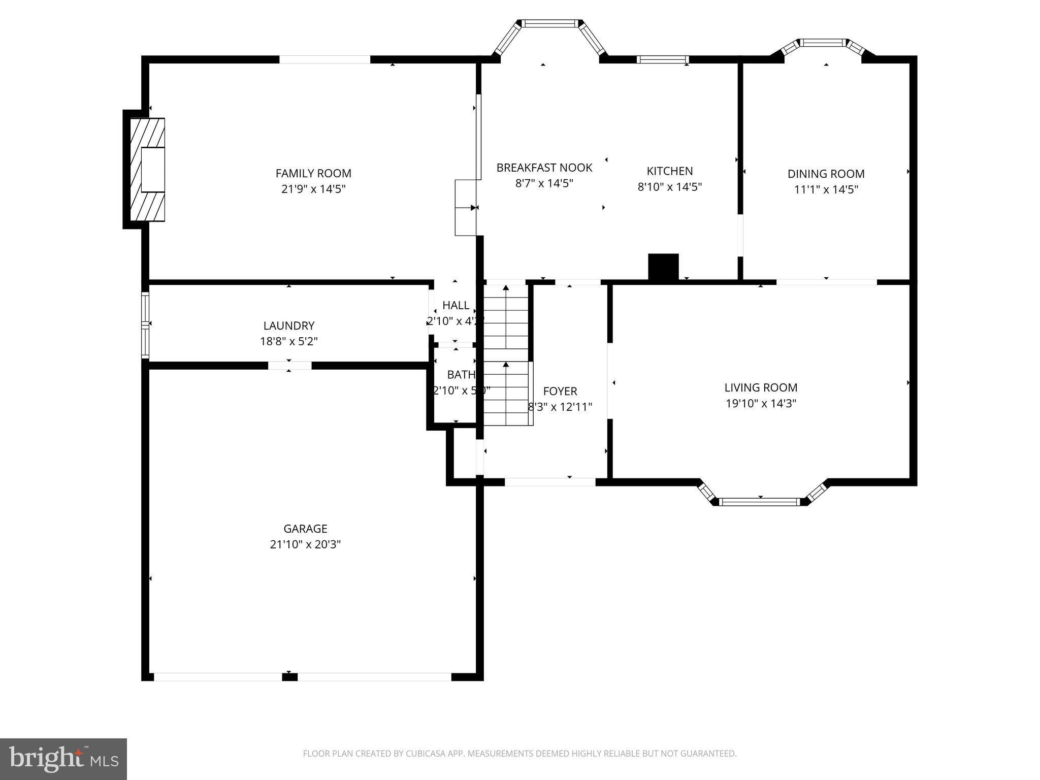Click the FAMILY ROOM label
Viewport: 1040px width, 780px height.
[x=313, y=174]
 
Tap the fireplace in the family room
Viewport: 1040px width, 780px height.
[x=148, y=170]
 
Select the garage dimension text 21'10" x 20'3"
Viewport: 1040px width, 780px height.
[x=305, y=544]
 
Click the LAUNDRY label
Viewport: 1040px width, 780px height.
[x=289, y=326]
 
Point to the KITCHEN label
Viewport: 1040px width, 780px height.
[x=669, y=171]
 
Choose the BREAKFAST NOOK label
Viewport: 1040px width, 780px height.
[x=544, y=168]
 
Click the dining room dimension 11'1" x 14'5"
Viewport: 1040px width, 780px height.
[x=826, y=189]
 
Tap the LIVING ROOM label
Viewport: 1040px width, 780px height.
[x=761, y=388]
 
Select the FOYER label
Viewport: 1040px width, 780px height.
[x=560, y=392]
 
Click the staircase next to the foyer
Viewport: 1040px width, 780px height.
[x=506, y=355]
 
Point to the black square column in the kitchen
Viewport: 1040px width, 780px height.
[x=663, y=267]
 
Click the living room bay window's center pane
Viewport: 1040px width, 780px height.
[x=760, y=502]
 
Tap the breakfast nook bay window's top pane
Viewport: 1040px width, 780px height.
[x=550, y=23]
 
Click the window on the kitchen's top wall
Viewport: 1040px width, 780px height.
[x=663, y=60]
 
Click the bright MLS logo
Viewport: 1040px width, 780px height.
[x=63, y=759]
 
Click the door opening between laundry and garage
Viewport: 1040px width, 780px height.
[x=289, y=366]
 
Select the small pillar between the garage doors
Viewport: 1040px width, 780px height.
[x=289, y=676]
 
